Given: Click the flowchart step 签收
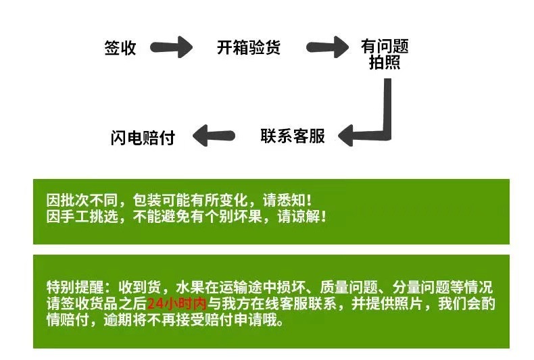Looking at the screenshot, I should [120, 49].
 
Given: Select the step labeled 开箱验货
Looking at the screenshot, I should [248, 49].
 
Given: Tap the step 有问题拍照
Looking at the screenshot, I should [385, 55].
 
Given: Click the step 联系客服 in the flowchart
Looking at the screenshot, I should [293, 136].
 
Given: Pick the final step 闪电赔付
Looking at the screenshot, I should [143, 137].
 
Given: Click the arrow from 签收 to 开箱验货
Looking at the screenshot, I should [172, 48].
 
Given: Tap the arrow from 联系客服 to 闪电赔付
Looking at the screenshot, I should [214, 136].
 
